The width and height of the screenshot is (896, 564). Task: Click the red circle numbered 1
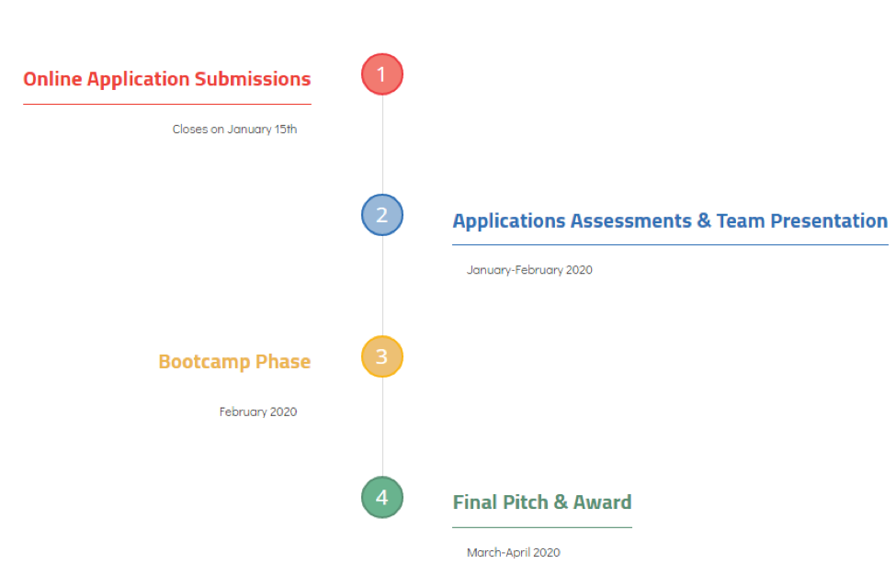click(382, 74)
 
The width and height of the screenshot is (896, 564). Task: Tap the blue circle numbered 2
click(382, 215)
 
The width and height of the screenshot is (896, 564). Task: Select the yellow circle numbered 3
click(382, 356)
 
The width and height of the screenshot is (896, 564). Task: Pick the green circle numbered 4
click(382, 497)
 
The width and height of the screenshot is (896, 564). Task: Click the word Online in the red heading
click(52, 79)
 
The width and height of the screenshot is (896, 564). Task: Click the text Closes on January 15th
click(235, 130)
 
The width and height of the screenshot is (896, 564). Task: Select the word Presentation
click(829, 220)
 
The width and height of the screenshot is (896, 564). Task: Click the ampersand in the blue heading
click(704, 220)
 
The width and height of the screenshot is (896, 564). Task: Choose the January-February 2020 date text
click(529, 270)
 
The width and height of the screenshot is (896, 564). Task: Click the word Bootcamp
click(204, 362)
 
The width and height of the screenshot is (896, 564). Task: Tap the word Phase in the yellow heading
click(283, 362)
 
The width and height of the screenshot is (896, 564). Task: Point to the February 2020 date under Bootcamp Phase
click(258, 412)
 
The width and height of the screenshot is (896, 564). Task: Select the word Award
click(602, 502)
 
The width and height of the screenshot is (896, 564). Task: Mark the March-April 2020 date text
click(514, 553)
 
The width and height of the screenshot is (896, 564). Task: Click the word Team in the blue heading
click(741, 220)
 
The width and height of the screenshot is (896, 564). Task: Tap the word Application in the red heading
click(138, 80)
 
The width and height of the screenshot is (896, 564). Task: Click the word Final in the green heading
click(475, 502)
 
